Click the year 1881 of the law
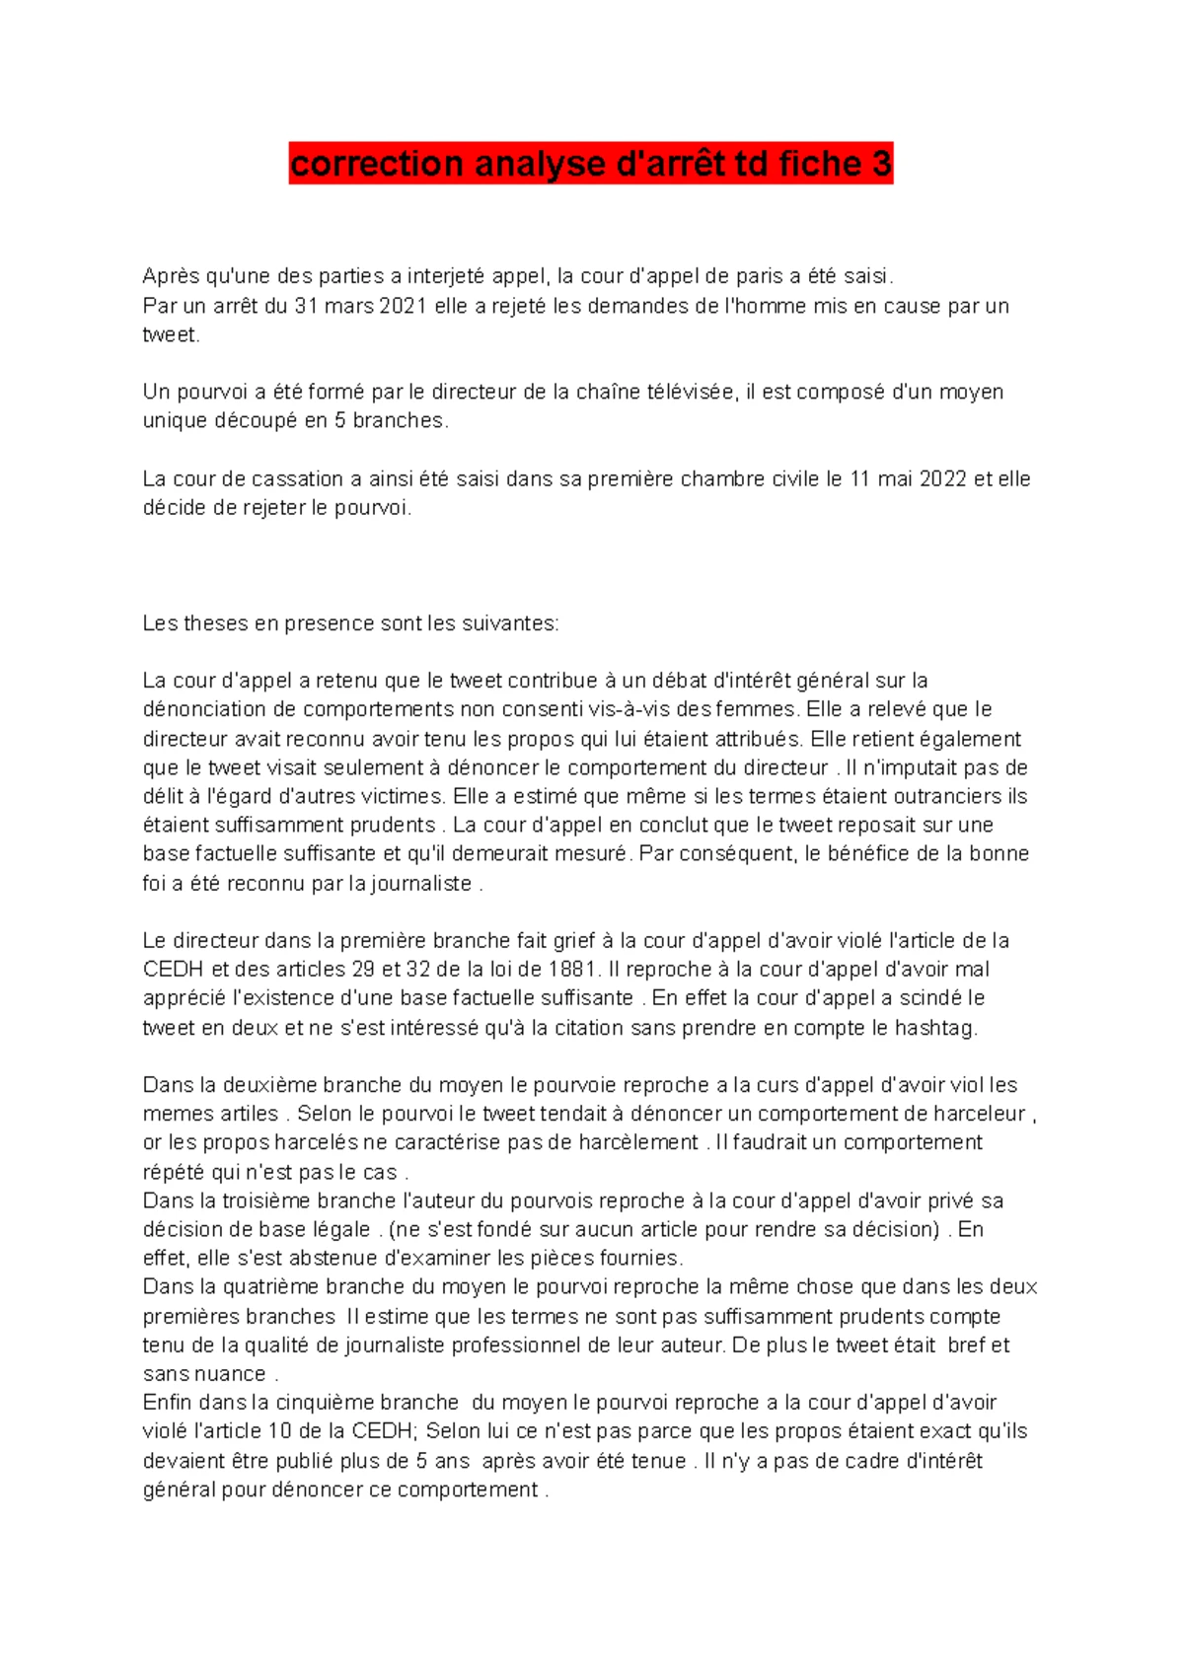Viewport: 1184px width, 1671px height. [571, 970]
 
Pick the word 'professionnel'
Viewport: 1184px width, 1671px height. [515, 1345]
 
